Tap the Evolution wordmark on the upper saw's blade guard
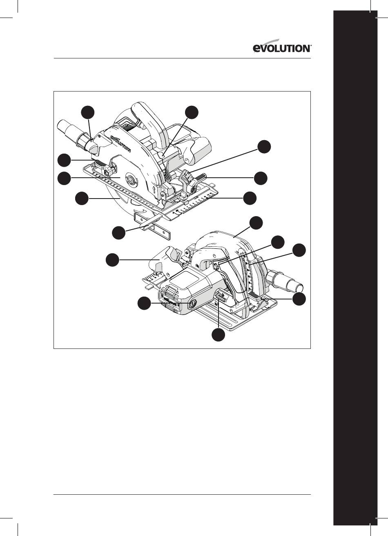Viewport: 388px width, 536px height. coord(120,144)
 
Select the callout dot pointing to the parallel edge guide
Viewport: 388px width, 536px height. coord(119,232)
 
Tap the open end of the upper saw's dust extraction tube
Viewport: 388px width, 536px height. coord(60,125)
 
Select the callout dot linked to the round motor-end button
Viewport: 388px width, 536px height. coord(144,303)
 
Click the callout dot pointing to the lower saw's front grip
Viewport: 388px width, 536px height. coord(112,260)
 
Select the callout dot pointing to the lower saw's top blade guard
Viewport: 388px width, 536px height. coord(256,223)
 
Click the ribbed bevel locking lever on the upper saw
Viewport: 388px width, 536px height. coord(201,176)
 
